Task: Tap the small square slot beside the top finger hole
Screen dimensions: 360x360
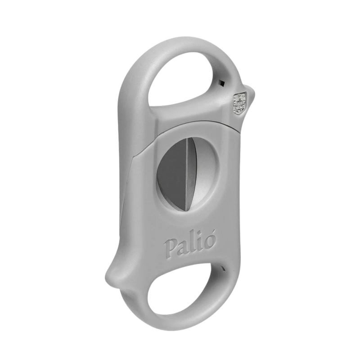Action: click(x=221, y=83)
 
